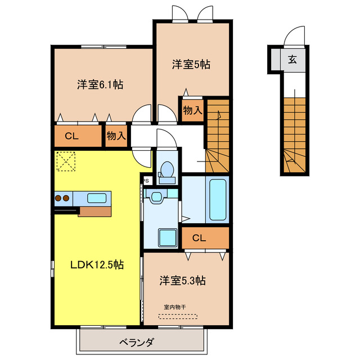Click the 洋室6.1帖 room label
(x=100, y=85)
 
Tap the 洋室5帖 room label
(x=191, y=64)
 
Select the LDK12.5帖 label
(x=97, y=265)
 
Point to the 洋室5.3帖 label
(x=182, y=280)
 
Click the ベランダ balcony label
(x=136, y=343)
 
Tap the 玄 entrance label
(x=292, y=59)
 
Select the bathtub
(x=218, y=200)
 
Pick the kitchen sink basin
(x=97, y=198)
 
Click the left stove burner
(x=58, y=198)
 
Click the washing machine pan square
(x=168, y=237)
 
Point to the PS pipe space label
(x=146, y=181)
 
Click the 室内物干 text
(x=175, y=307)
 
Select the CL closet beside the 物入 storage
(x=71, y=136)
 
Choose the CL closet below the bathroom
(x=199, y=238)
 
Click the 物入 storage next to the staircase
(x=192, y=110)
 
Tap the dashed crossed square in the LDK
(x=66, y=161)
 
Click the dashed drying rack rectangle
(x=178, y=316)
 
